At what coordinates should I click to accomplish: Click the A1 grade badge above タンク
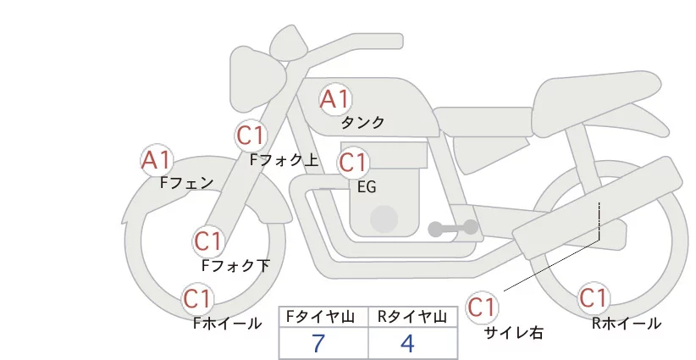click(335, 99)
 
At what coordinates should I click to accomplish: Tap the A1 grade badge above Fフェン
click(156, 160)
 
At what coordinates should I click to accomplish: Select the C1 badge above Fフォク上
click(251, 136)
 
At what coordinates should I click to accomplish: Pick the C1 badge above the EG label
click(353, 163)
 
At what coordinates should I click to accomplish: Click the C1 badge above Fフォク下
click(207, 241)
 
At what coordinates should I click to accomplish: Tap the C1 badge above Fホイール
click(197, 299)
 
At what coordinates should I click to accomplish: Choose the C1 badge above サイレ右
click(482, 307)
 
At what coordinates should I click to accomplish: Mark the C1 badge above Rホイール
click(593, 298)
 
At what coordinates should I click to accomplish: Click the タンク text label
click(362, 122)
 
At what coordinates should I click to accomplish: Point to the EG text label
click(367, 187)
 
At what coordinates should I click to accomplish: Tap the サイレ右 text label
click(513, 333)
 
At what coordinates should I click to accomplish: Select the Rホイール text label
click(627, 324)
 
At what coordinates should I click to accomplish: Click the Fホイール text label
click(227, 324)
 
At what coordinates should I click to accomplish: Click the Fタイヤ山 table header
click(320, 317)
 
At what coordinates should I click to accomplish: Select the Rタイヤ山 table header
click(412, 317)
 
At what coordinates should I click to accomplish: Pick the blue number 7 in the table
click(318, 343)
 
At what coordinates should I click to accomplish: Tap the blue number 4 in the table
click(407, 343)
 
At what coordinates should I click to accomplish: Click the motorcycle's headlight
click(257, 79)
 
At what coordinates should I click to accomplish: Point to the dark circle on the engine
click(384, 219)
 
